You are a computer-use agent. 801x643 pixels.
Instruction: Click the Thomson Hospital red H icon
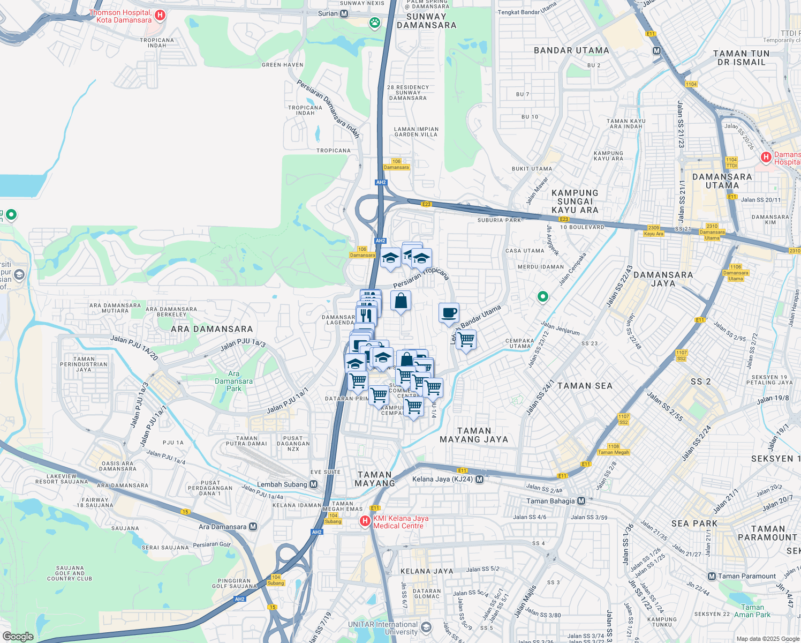tap(159, 16)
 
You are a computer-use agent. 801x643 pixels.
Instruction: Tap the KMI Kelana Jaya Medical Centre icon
tap(365, 521)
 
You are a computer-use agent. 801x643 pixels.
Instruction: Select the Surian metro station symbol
tap(344, 13)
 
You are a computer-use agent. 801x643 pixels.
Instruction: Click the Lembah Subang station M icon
tap(314, 484)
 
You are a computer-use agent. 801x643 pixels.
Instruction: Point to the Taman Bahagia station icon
tap(581, 501)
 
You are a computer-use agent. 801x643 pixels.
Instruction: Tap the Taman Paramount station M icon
tap(712, 576)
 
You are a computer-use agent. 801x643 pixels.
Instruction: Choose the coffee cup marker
tap(449, 313)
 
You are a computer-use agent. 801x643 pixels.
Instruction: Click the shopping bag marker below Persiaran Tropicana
tap(400, 301)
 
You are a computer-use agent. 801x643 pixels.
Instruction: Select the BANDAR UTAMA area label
tap(571, 50)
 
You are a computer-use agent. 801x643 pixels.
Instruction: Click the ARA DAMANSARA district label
tap(211, 329)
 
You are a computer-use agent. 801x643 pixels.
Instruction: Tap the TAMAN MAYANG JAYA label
tap(474, 435)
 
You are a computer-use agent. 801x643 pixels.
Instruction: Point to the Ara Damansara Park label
tap(233, 381)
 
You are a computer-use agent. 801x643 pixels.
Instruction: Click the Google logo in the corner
tap(18, 636)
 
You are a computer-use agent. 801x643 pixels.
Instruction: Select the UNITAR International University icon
tap(426, 627)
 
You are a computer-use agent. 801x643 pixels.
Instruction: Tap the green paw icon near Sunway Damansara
tap(374, 23)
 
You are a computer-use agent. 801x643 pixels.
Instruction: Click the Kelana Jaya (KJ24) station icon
tap(479, 479)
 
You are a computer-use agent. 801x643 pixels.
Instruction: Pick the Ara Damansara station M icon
tap(253, 527)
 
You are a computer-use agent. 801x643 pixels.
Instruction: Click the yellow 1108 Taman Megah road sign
tap(614, 449)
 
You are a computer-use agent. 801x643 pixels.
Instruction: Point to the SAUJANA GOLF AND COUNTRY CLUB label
tap(70, 573)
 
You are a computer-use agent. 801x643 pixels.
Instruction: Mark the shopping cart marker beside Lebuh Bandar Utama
tap(466, 340)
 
